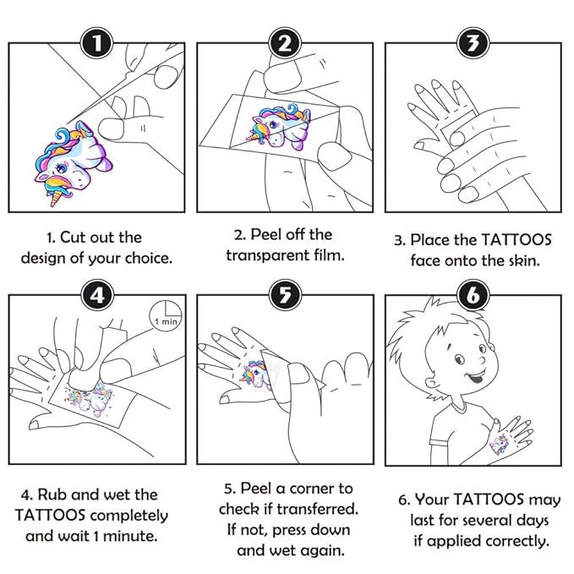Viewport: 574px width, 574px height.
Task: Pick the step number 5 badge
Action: point(285,296)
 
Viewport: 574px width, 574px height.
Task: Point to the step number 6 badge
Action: point(473,296)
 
